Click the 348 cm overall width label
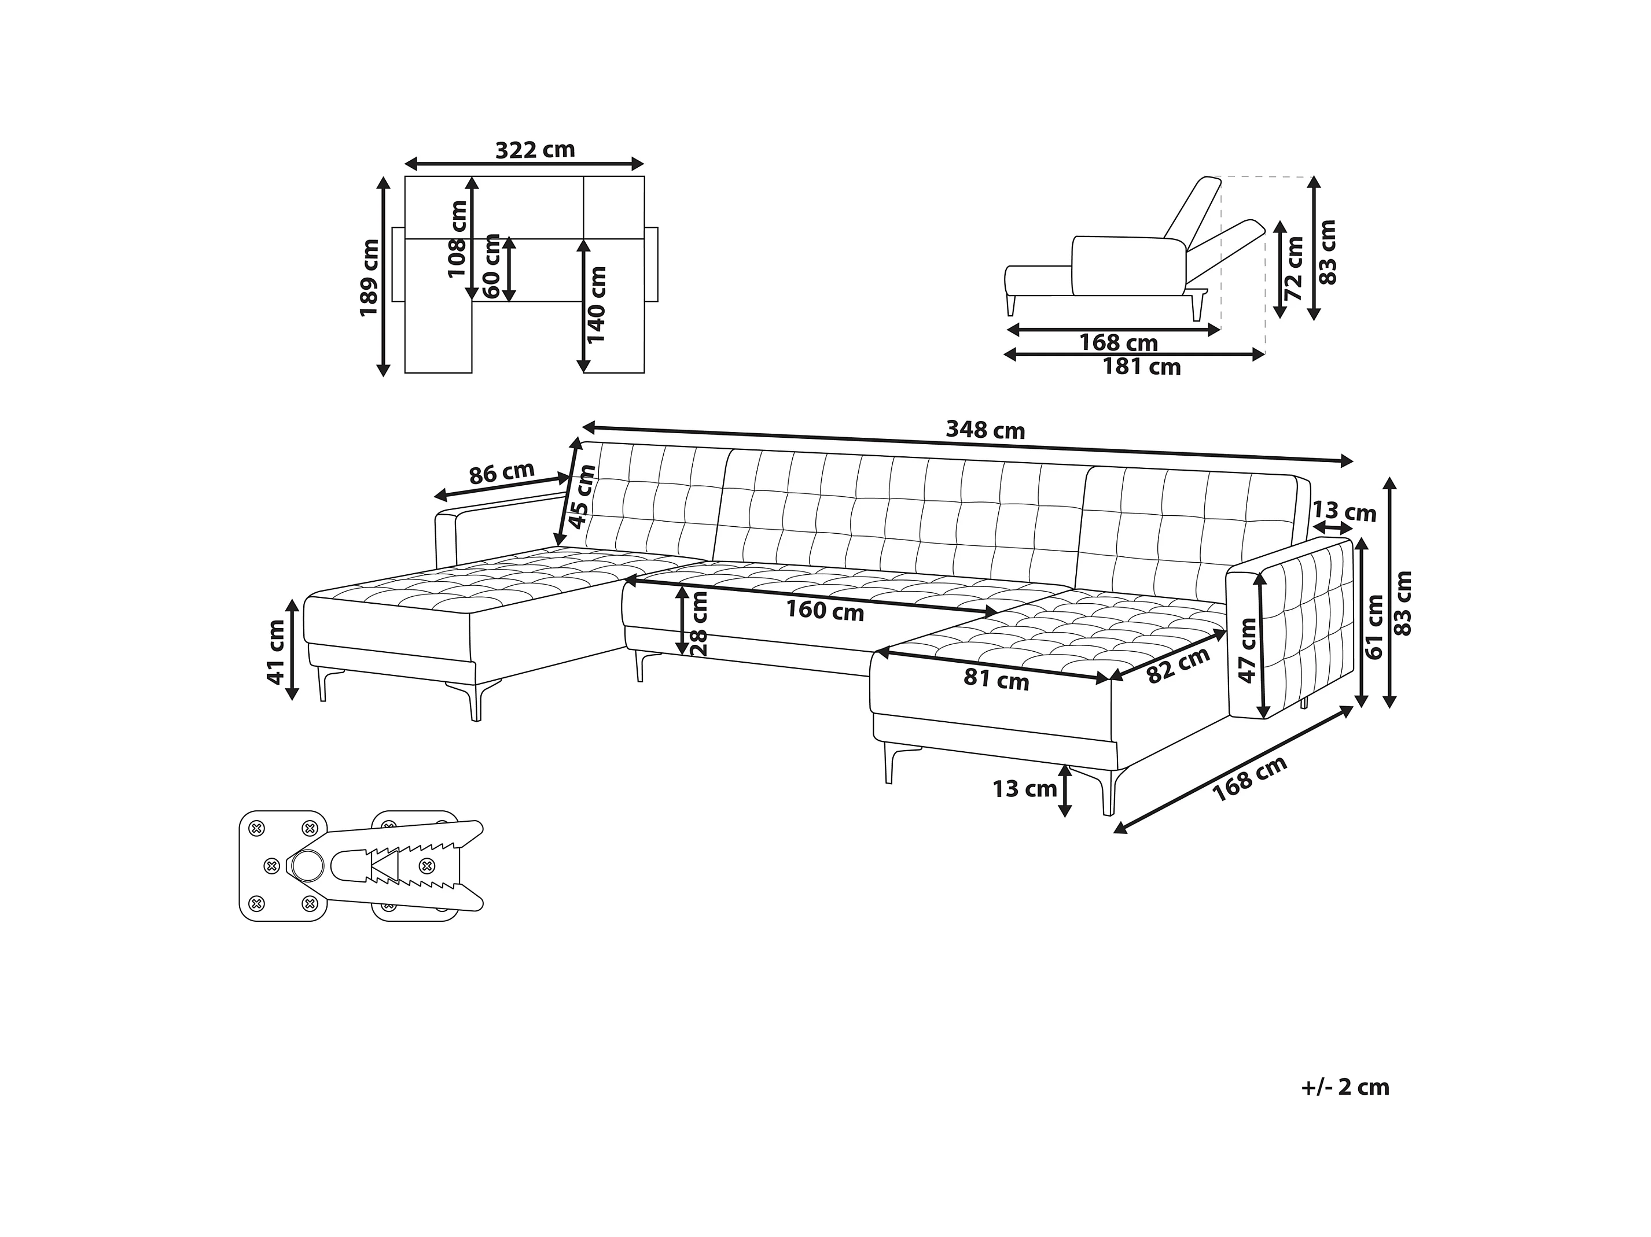986,430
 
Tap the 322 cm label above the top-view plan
535,150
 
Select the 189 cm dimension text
369,278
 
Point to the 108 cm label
458,239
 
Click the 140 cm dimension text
597,304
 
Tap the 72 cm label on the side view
1295,268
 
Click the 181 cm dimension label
1141,367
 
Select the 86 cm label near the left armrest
502,473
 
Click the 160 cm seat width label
825,611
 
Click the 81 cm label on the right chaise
997,680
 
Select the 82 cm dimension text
1178,666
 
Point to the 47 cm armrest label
1248,651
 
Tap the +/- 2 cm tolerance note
1345,1087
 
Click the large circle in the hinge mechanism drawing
307,866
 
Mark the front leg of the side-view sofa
1012,304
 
